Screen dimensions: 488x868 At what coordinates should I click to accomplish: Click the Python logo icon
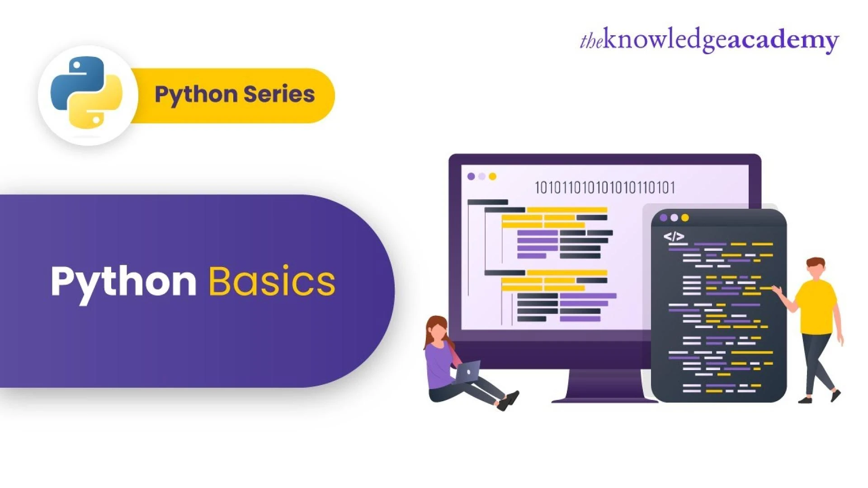tap(87, 92)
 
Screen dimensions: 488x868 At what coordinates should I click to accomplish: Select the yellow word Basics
tap(272, 281)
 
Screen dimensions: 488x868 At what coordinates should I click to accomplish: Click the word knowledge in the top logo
tap(665, 41)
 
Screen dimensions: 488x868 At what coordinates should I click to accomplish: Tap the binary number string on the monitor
tap(604, 188)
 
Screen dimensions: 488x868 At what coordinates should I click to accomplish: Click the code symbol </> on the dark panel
tap(674, 236)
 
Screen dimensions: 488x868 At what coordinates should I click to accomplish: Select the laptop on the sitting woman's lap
tap(467, 371)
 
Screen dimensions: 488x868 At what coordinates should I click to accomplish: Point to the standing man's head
tap(816, 269)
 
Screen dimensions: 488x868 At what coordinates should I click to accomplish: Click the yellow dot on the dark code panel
tap(685, 218)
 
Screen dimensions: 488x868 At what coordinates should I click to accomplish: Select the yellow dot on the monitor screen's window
tap(492, 176)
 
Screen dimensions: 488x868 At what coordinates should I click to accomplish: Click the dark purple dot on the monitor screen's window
tap(471, 176)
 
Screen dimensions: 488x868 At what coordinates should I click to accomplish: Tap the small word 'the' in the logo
tap(591, 42)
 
